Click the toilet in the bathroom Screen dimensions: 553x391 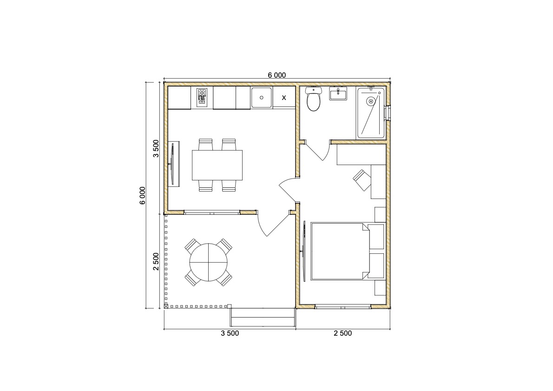[313, 99]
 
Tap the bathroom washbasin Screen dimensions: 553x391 [338, 94]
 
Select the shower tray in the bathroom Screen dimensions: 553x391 [371, 113]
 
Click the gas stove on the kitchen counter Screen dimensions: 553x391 [202, 97]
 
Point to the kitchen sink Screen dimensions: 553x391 [261, 97]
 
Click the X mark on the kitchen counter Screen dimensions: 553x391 [284, 98]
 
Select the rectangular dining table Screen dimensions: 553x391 [217, 165]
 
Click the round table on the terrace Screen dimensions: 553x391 [209, 262]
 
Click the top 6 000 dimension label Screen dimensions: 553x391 [277, 75]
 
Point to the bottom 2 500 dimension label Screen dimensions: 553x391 [343, 333]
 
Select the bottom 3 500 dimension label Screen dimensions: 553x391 [230, 333]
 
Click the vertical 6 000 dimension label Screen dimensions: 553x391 [142, 195]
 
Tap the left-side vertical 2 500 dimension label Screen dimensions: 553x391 [156, 261]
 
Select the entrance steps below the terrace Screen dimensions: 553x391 [263, 317]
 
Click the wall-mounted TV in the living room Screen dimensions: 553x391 [172, 163]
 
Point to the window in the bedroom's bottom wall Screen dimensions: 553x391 [343, 307]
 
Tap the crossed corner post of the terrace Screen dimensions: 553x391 [166, 307]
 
